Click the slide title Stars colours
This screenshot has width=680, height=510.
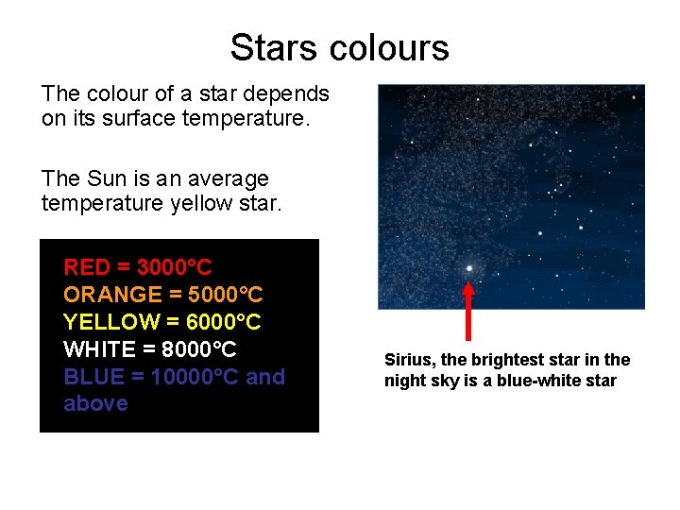[339, 47]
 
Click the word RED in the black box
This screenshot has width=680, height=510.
[86, 267]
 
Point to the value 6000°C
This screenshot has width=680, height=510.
[219, 322]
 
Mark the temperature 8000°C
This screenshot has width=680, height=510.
[199, 349]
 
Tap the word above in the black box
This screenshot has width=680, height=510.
[95, 403]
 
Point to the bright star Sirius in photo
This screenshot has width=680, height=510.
[468, 268]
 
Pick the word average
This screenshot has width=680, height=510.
[230, 178]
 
